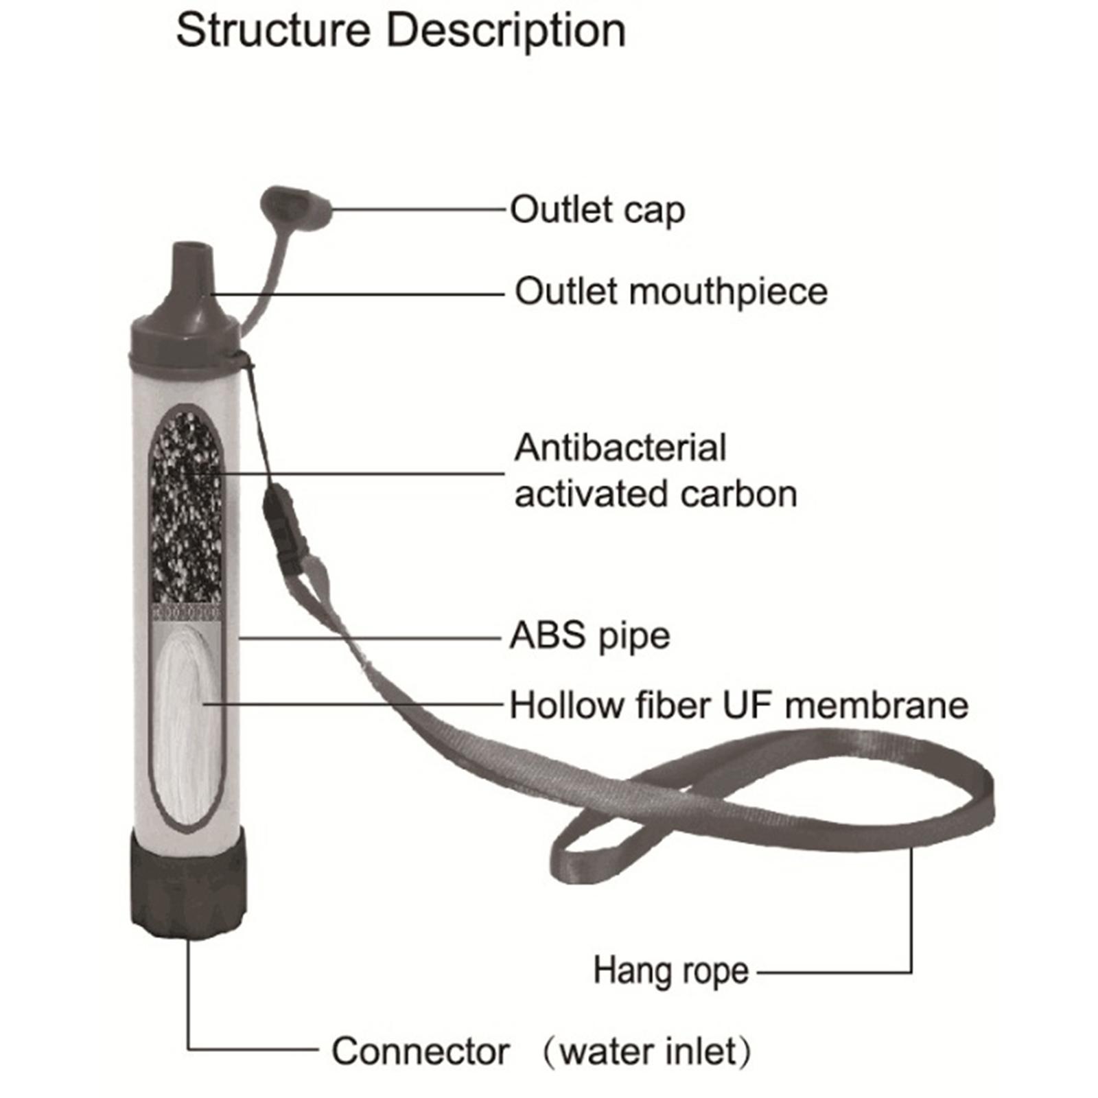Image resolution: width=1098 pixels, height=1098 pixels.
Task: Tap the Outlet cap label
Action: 597,210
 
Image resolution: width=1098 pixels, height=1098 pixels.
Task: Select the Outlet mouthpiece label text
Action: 671,292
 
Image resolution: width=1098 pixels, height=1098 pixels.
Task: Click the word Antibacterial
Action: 620,448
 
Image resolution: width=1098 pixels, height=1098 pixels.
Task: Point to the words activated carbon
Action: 655,494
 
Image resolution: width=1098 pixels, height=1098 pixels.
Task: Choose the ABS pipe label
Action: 589,636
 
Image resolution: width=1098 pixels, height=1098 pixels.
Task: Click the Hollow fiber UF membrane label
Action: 738,705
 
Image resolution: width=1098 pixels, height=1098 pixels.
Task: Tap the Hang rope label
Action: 670,971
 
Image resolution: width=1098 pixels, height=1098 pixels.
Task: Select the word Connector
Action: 420,1051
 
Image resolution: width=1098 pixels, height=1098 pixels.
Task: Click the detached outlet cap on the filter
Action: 295,207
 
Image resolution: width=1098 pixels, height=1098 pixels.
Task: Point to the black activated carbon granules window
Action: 186,508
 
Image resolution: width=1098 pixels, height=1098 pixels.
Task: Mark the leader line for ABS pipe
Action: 371,638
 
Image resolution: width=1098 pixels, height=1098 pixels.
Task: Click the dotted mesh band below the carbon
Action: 186,611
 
